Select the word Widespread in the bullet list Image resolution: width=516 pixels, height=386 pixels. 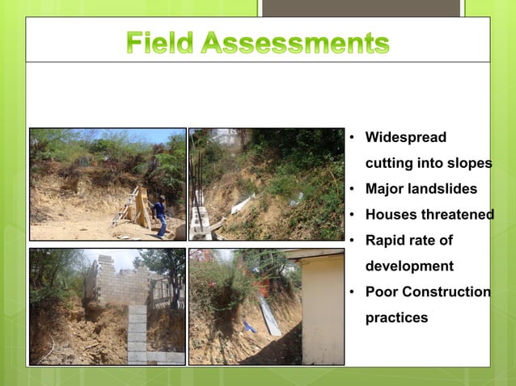coord(405,137)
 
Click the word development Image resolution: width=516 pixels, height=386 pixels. coord(409,266)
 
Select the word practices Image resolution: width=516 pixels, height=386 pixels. coord(396,317)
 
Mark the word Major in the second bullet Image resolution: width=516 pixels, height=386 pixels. coord(384,189)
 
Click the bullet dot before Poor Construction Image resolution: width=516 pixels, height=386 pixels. coord(353,292)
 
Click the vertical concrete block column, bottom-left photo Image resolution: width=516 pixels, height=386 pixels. coord(137,331)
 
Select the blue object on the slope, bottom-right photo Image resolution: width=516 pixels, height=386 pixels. coord(251,326)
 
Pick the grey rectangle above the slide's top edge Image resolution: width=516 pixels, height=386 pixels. coord(361,7)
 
